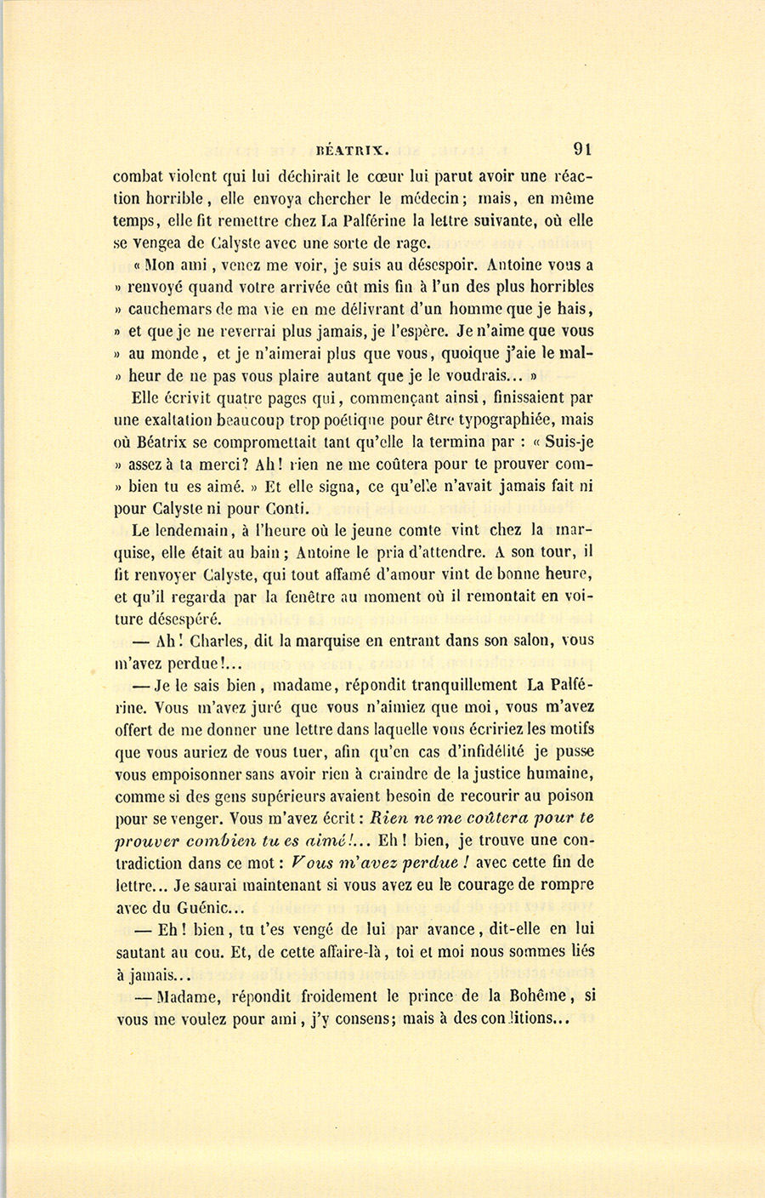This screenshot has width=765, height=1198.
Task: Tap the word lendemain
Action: coord(184,530)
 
